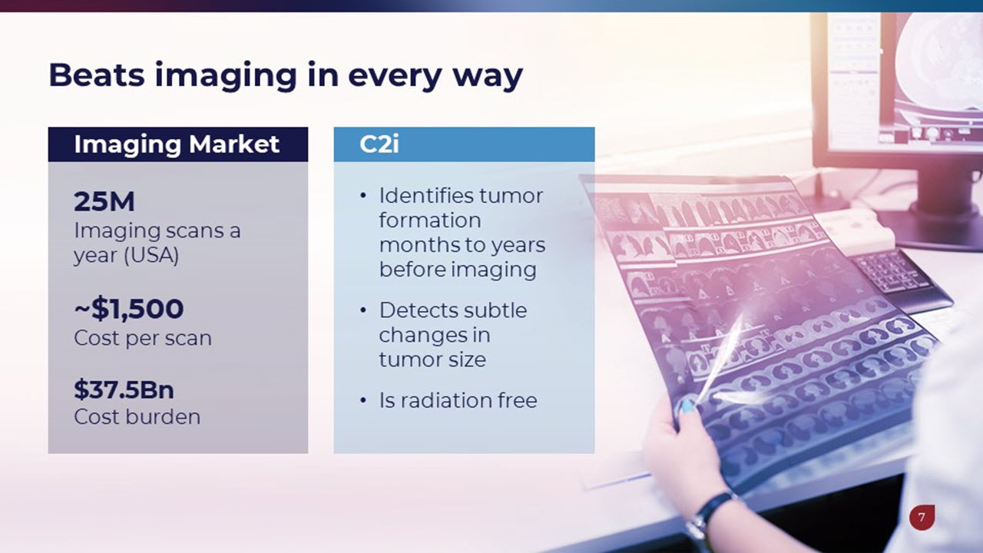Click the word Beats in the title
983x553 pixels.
[x=97, y=75]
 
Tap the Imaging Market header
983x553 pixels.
[x=177, y=144]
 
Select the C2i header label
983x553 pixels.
[x=379, y=144]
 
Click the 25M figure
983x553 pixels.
[x=104, y=201]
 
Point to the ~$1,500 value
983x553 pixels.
[x=128, y=309]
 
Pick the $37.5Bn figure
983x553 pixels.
[x=124, y=389]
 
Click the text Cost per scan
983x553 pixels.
[x=143, y=339]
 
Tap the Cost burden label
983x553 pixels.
[x=137, y=416]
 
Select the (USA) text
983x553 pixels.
[x=151, y=256]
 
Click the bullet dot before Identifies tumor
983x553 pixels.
[x=363, y=196]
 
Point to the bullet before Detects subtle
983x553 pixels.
[x=363, y=311]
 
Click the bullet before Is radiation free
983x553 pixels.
[x=363, y=400]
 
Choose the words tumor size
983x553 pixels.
[x=432, y=360]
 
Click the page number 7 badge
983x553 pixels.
[x=922, y=518]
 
